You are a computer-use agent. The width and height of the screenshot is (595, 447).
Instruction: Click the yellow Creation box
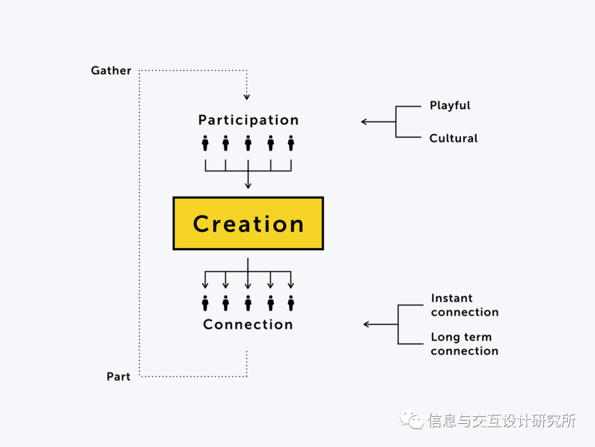click(x=248, y=223)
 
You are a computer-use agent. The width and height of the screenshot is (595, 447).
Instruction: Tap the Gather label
click(x=111, y=71)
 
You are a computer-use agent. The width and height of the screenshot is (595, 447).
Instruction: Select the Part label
click(x=118, y=377)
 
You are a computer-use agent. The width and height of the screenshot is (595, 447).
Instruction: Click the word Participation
click(x=248, y=120)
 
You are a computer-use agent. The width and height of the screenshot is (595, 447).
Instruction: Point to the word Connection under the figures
click(x=248, y=324)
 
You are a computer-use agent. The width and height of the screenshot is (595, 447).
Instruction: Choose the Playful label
click(x=450, y=105)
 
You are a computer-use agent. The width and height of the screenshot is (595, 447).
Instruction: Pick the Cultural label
click(x=453, y=139)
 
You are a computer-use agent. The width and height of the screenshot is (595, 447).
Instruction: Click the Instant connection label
click(x=464, y=305)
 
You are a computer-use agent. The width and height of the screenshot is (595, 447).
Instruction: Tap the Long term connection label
click(x=464, y=344)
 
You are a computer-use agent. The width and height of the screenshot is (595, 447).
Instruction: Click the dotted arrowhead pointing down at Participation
click(x=247, y=97)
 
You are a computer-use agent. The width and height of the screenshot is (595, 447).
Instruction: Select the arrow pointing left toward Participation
click(x=365, y=122)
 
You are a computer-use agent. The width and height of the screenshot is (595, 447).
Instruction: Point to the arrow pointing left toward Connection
click(x=367, y=324)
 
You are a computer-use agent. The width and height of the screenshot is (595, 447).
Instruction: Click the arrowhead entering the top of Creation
click(x=248, y=185)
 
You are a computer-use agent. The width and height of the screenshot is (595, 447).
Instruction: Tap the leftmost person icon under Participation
click(x=205, y=143)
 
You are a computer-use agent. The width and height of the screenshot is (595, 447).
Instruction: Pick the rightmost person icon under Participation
click(x=291, y=143)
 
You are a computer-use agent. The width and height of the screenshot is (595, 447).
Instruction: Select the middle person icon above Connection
click(x=248, y=303)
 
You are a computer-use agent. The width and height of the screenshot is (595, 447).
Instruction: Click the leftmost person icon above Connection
click(x=205, y=303)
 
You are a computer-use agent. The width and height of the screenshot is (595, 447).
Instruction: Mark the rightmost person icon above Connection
click(x=291, y=303)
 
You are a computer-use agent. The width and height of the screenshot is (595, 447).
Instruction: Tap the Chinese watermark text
click(x=501, y=421)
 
